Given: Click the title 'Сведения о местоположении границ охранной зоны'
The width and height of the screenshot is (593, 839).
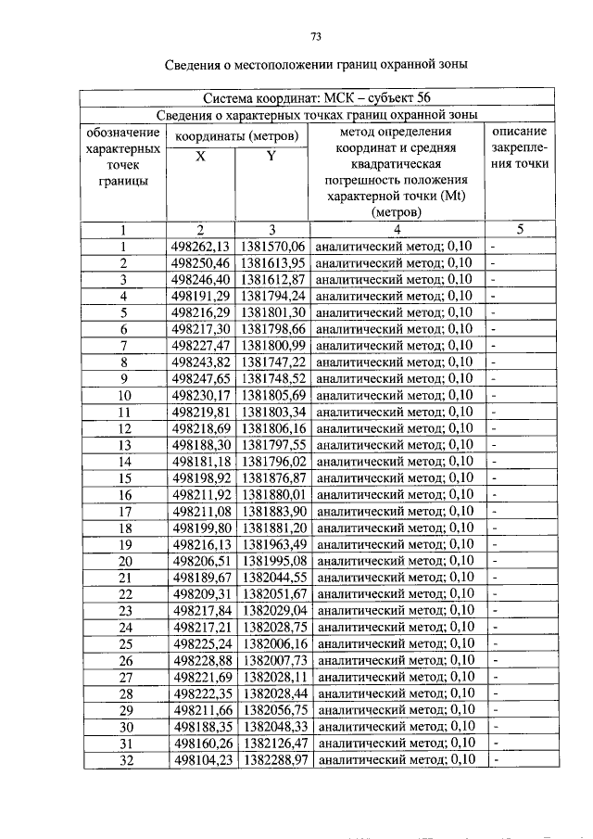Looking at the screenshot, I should pos(315,65).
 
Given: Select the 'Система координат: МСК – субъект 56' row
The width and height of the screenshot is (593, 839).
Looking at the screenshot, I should pos(315,98).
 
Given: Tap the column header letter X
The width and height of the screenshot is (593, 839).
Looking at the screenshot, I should pos(200,157).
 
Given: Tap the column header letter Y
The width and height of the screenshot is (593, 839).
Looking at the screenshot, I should pos(271,157).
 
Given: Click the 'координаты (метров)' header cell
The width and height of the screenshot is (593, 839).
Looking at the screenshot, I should pos(236,136).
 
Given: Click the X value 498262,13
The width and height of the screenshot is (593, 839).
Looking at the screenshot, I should pos(200,247).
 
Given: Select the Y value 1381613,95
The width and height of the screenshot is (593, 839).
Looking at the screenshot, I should pos(272,263).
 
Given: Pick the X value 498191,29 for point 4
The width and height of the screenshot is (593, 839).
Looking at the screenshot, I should pos(200,296).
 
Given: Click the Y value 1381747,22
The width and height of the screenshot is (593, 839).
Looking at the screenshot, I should pos(272,362).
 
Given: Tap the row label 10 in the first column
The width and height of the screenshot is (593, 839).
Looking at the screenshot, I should pos(123,395).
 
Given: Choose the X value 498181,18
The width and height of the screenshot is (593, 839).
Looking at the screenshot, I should pos(200,461).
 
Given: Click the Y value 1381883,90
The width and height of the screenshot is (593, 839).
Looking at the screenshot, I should pos(272,511).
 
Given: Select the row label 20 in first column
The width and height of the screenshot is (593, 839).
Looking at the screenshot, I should pos(123,560).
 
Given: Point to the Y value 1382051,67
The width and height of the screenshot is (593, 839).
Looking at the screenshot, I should pos(272,593).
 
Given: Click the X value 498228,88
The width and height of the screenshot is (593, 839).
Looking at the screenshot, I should pos(200,659).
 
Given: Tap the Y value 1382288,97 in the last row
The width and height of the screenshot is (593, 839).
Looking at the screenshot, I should pos(272,758).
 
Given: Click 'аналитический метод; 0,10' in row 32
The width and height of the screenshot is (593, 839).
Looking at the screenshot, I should pos(395,758).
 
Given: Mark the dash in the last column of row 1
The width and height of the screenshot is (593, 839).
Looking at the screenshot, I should pos(495,247).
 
